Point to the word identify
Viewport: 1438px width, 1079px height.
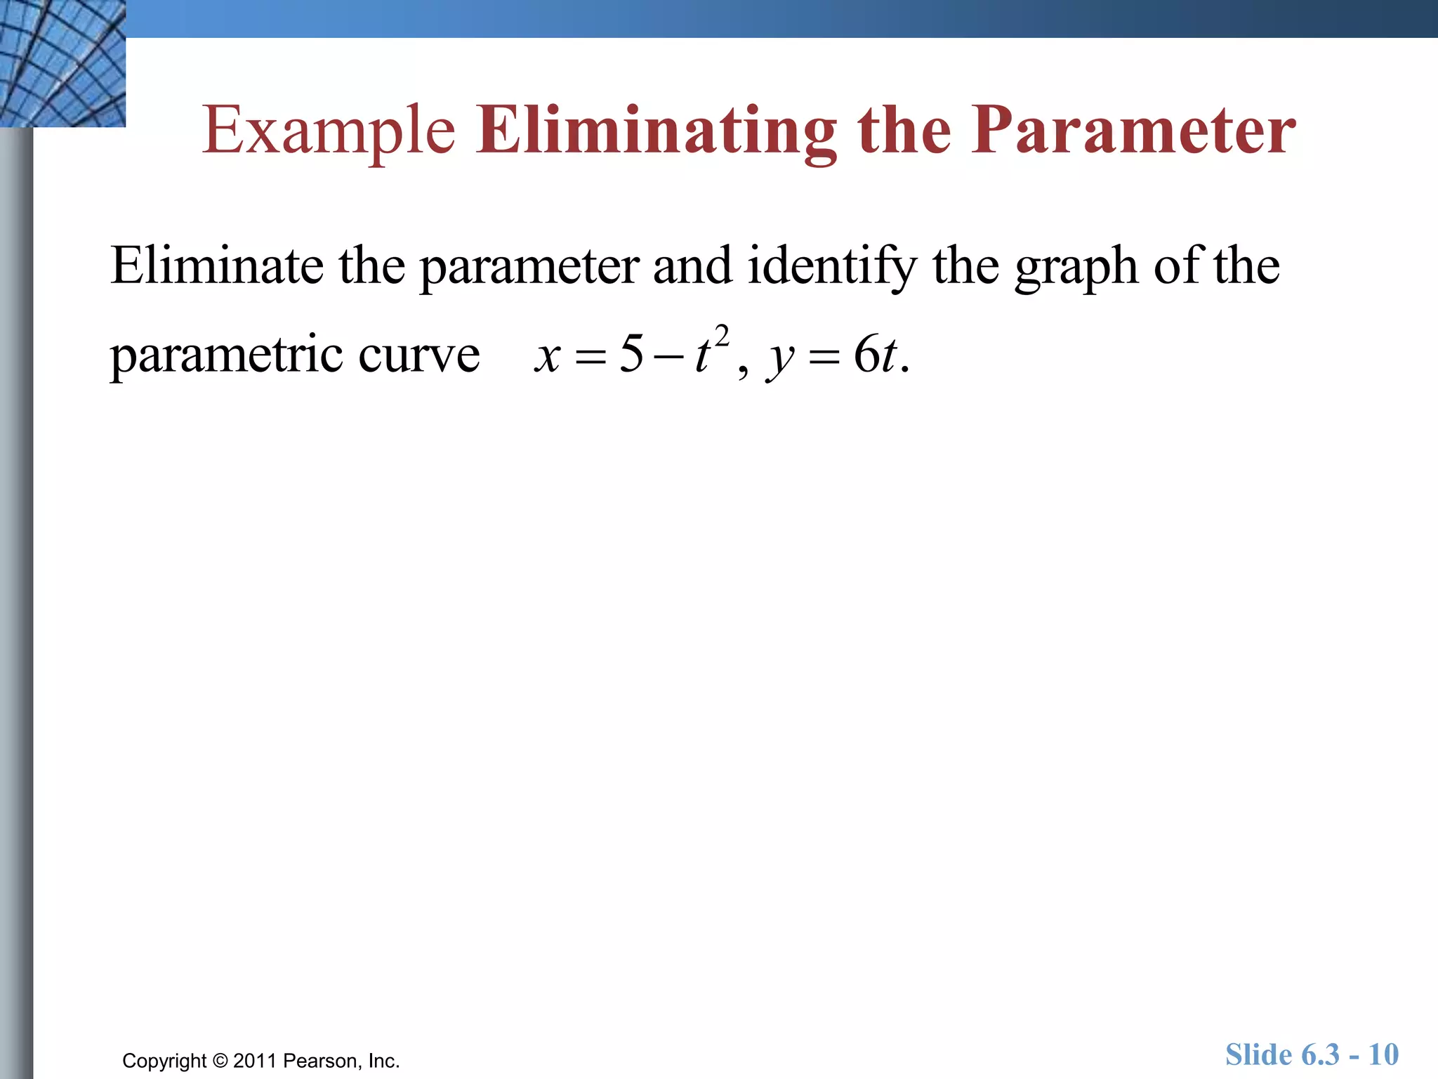tap(832, 267)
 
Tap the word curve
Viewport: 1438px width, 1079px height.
tap(419, 355)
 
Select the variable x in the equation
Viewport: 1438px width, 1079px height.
tap(547, 355)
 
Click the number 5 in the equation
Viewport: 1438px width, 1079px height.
tap(631, 353)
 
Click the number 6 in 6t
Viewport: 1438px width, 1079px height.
tap(866, 353)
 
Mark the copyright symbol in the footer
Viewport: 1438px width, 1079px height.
tap(220, 1061)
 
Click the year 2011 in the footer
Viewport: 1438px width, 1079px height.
tap(256, 1061)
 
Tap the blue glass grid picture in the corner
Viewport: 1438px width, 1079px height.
tap(62, 63)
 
